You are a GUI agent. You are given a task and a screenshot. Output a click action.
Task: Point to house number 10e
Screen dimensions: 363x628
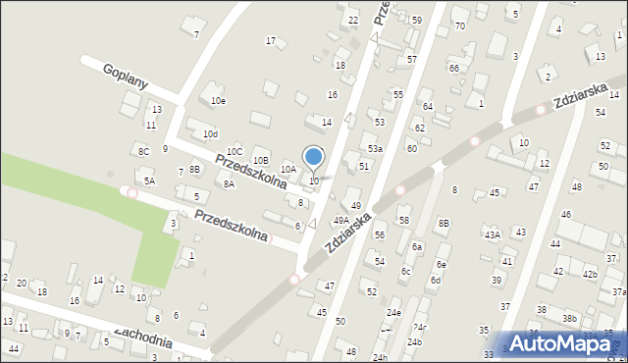[x=218, y=100]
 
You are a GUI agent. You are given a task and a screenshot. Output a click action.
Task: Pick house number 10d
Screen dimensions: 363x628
[x=210, y=133]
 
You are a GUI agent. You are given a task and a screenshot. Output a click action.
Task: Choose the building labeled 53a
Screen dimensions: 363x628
[x=375, y=148]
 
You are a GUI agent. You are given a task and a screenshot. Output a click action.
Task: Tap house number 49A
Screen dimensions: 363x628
[x=340, y=221]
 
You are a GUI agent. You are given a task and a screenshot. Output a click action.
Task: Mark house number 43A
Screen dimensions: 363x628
[x=492, y=234]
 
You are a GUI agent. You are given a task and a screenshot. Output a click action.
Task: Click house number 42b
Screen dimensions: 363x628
[x=590, y=274]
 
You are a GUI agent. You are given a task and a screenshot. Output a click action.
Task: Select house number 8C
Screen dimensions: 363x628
[x=143, y=151]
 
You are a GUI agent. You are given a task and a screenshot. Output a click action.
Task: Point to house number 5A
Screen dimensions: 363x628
[x=149, y=181]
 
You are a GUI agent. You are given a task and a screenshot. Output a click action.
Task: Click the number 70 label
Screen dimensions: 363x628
[x=460, y=26]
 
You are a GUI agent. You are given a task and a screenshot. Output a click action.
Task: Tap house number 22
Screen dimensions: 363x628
[x=353, y=20]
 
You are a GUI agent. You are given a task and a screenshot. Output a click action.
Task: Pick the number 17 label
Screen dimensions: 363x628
[x=271, y=40]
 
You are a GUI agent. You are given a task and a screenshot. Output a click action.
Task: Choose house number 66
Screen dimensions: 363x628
[x=453, y=68]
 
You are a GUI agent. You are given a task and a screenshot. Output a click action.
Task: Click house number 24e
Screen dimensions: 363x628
[x=393, y=312]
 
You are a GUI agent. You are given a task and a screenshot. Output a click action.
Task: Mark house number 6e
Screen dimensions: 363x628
[x=442, y=264]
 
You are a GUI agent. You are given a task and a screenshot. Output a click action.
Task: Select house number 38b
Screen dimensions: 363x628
[x=569, y=319]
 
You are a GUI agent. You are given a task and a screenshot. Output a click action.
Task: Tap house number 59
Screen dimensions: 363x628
[x=416, y=20]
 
